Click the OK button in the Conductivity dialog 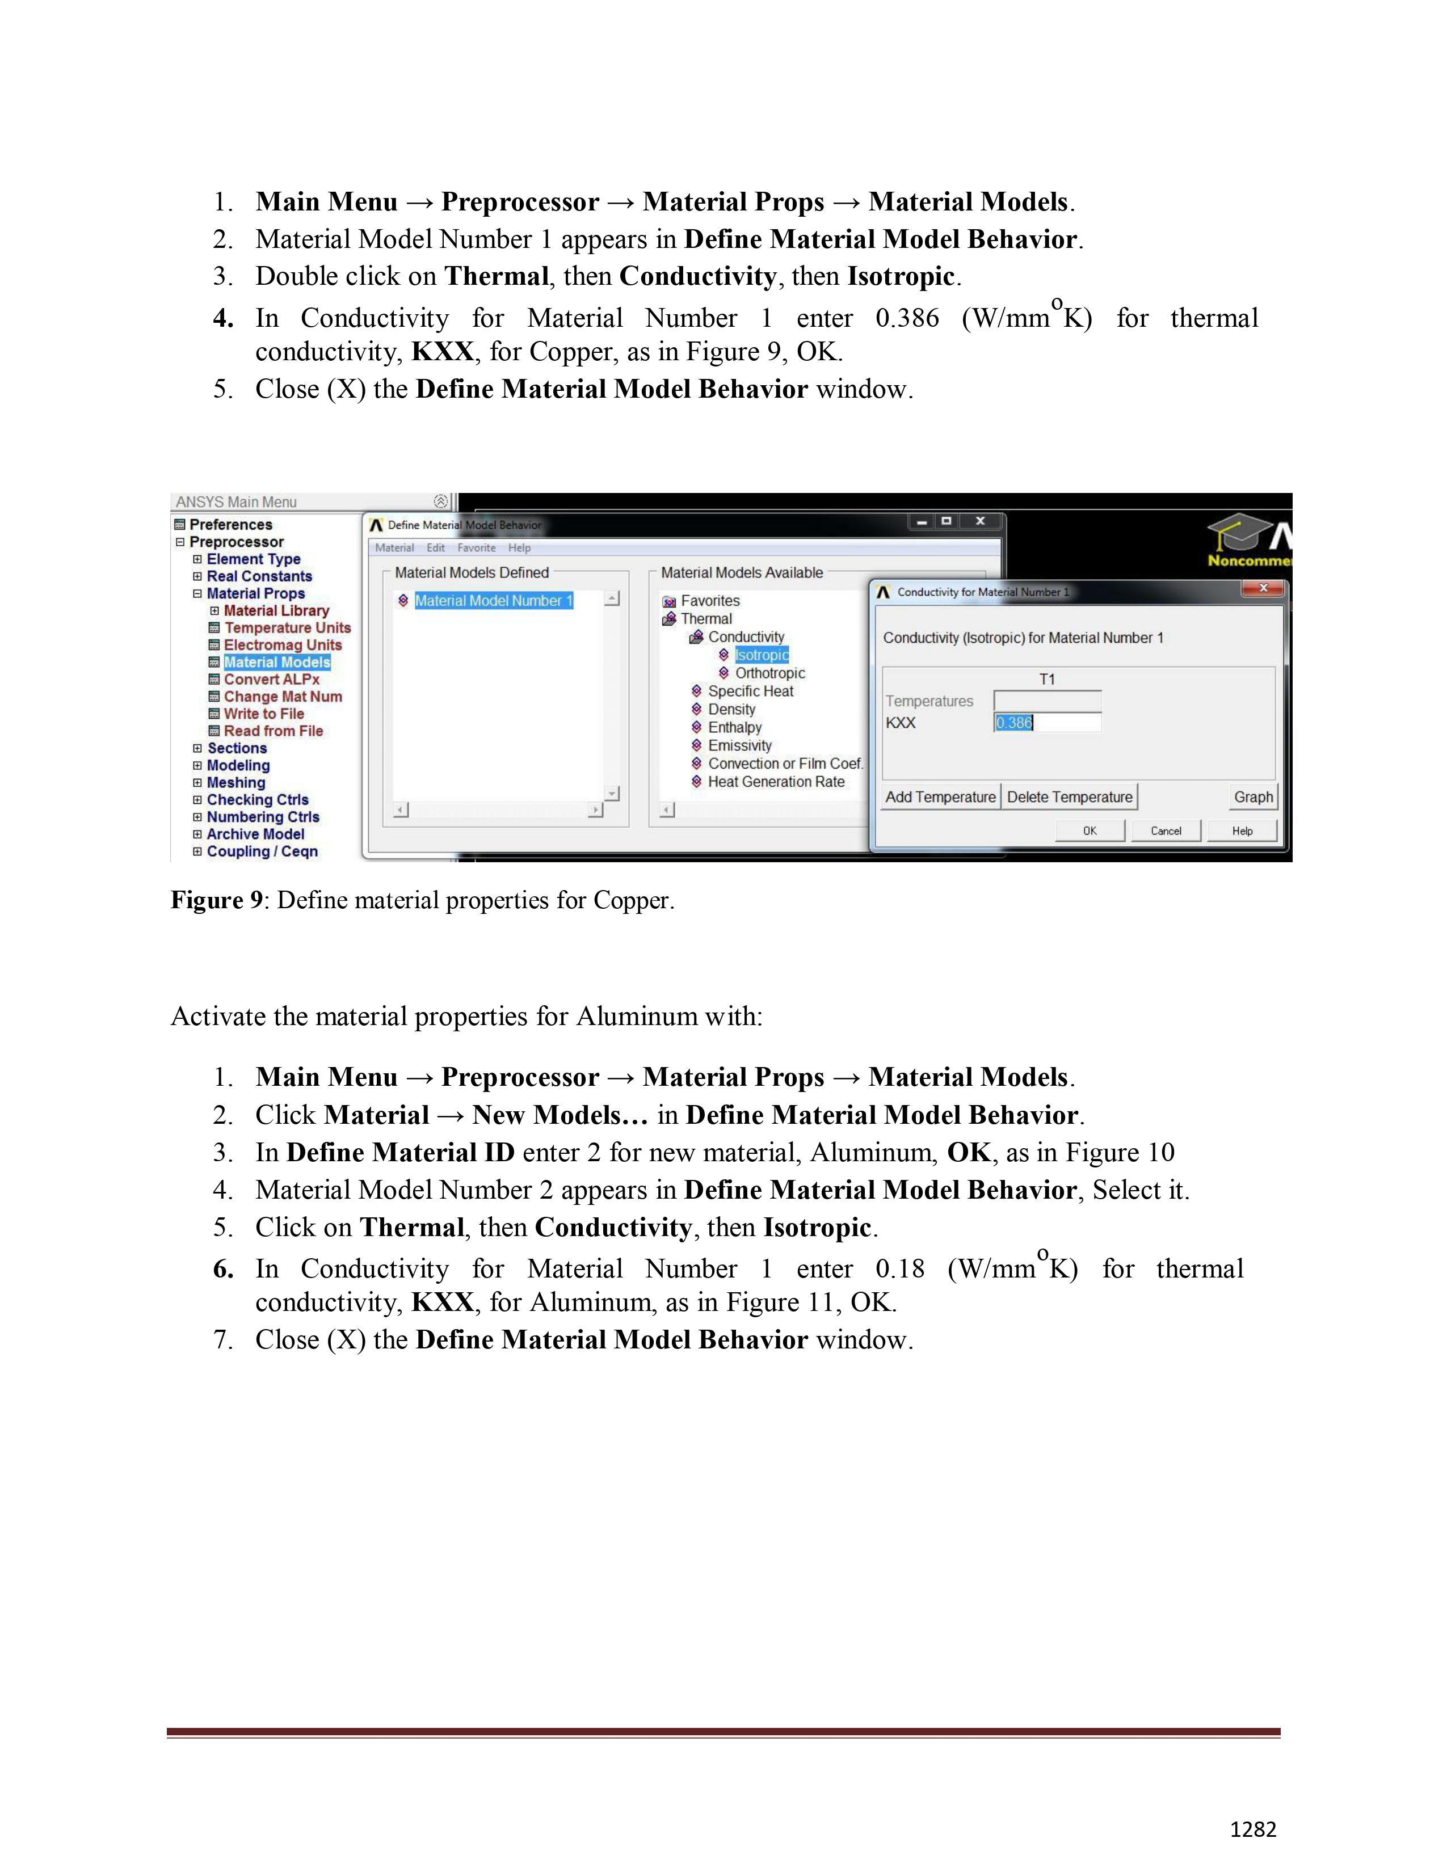pyautogui.click(x=1089, y=830)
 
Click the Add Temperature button pyautogui.click(x=940, y=797)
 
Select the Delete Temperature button pyautogui.click(x=1069, y=797)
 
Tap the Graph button pyautogui.click(x=1252, y=797)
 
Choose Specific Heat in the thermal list pyautogui.click(x=750, y=691)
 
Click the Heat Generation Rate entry pyautogui.click(x=775, y=782)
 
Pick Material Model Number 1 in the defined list pyautogui.click(x=493, y=601)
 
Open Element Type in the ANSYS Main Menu pyautogui.click(x=253, y=559)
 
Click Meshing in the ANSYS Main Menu pyautogui.click(x=235, y=783)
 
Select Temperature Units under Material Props pyautogui.click(x=287, y=627)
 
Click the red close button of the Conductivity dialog pyautogui.click(x=1262, y=588)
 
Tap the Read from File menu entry pyautogui.click(x=272, y=731)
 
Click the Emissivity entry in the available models pyautogui.click(x=739, y=746)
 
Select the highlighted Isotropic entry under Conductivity pyautogui.click(x=761, y=655)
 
